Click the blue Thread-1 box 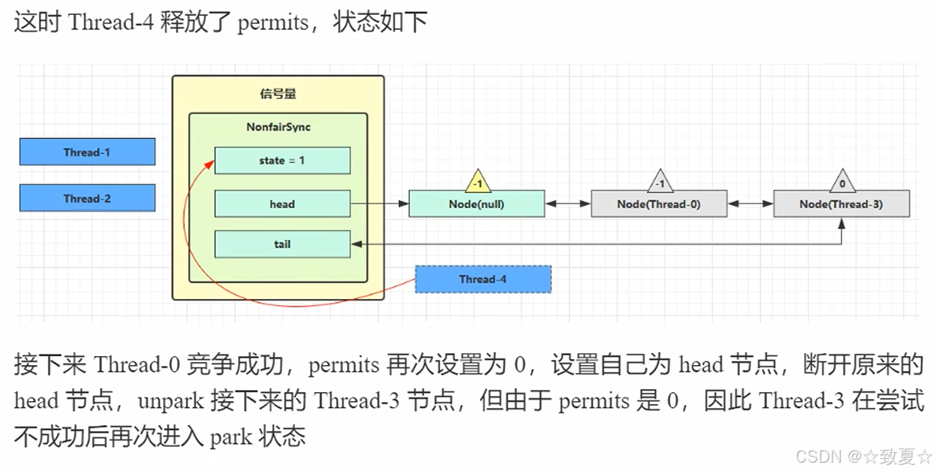[x=87, y=152]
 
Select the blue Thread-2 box [x=87, y=198]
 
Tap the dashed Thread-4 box [x=483, y=279]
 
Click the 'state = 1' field [x=282, y=161]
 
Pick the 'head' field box [x=282, y=204]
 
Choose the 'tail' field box [x=282, y=244]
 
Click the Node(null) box [x=477, y=204]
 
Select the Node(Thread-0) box [x=659, y=204]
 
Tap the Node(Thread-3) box [x=841, y=204]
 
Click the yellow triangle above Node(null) [x=477, y=183]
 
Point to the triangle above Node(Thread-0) [x=660, y=183]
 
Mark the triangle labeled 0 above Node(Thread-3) [x=841, y=183]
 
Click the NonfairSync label [x=278, y=127]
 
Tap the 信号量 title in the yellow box [x=278, y=94]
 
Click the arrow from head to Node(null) [x=379, y=204]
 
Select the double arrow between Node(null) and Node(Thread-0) [x=568, y=204]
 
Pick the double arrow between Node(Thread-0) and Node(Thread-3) [x=751, y=204]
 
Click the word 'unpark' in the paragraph [x=170, y=400]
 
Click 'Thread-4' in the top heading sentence [x=111, y=22]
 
